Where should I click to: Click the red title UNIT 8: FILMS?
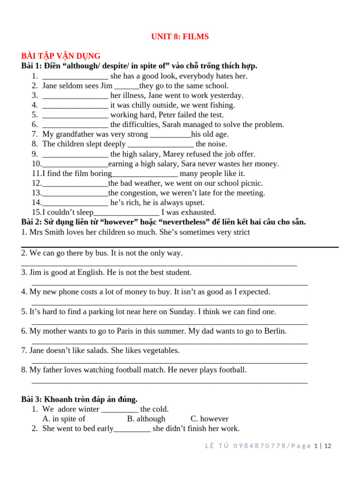tap(180, 37)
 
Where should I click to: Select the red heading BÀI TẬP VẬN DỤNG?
tap(61, 56)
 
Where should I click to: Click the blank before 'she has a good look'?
tap(75, 76)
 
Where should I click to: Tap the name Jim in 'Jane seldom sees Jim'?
tap(106, 86)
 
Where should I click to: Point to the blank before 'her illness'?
tap(75, 96)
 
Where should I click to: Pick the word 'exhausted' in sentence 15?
tap(200, 212)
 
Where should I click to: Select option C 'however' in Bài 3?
tap(210, 419)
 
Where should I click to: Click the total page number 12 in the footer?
tap(328, 446)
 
